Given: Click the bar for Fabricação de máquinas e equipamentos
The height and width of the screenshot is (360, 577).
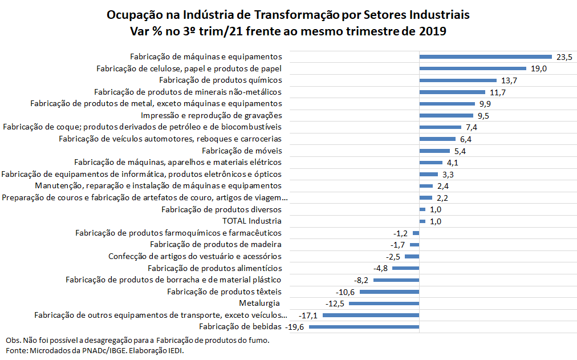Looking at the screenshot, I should tap(485, 56).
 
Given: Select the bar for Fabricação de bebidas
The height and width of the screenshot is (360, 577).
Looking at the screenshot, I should tap(364, 327).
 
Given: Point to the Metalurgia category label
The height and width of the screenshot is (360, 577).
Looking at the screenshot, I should tap(260, 303).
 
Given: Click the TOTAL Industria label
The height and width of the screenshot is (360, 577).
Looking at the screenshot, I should tap(251, 221).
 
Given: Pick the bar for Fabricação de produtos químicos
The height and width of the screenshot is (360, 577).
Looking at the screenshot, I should tap(458, 80).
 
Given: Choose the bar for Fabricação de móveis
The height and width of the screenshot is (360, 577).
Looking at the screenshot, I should tap(434, 151).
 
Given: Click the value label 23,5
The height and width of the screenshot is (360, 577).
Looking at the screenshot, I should tap(564, 56).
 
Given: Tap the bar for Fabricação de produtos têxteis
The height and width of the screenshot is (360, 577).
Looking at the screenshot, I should tap(389, 292).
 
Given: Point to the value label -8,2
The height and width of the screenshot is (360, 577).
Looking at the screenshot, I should tap(361, 280).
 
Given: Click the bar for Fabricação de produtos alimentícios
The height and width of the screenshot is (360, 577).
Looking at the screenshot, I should tap(405, 268).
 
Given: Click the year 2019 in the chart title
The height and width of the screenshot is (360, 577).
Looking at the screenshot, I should tap(432, 31).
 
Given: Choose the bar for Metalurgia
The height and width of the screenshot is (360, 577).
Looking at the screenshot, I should tap(384, 304).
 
